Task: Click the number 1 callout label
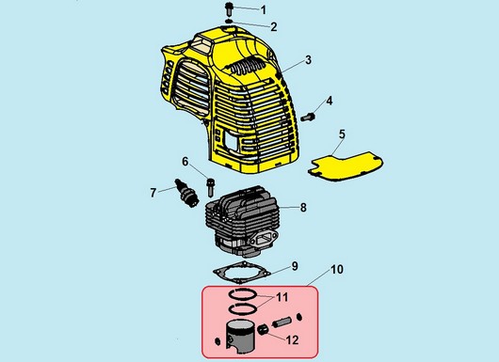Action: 264,9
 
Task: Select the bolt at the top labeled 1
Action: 229,8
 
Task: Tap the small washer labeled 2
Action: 229,22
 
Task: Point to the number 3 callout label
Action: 308,59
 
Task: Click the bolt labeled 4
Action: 308,117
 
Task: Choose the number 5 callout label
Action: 342,134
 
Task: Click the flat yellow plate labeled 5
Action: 346,166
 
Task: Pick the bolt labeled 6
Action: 211,187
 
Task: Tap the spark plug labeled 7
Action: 186,194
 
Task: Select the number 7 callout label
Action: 153,192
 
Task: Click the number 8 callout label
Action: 303,207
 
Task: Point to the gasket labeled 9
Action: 242,273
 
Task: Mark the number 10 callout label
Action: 337,269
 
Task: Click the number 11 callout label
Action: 282,297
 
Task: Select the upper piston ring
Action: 243,294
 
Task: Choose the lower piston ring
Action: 243,308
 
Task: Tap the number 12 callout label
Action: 292,340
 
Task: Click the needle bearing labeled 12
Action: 263,330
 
